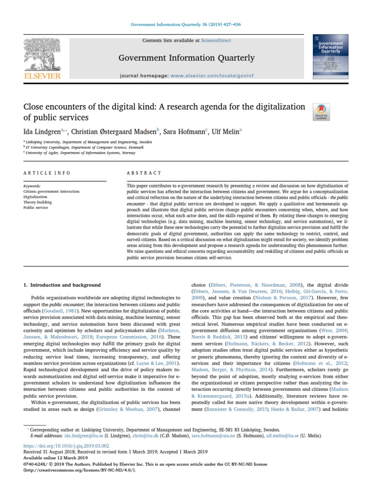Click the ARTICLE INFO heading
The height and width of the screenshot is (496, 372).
47,173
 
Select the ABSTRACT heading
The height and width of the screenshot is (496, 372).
144,173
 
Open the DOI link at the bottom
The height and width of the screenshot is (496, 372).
66,445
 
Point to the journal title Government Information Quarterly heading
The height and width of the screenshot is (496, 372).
186,58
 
